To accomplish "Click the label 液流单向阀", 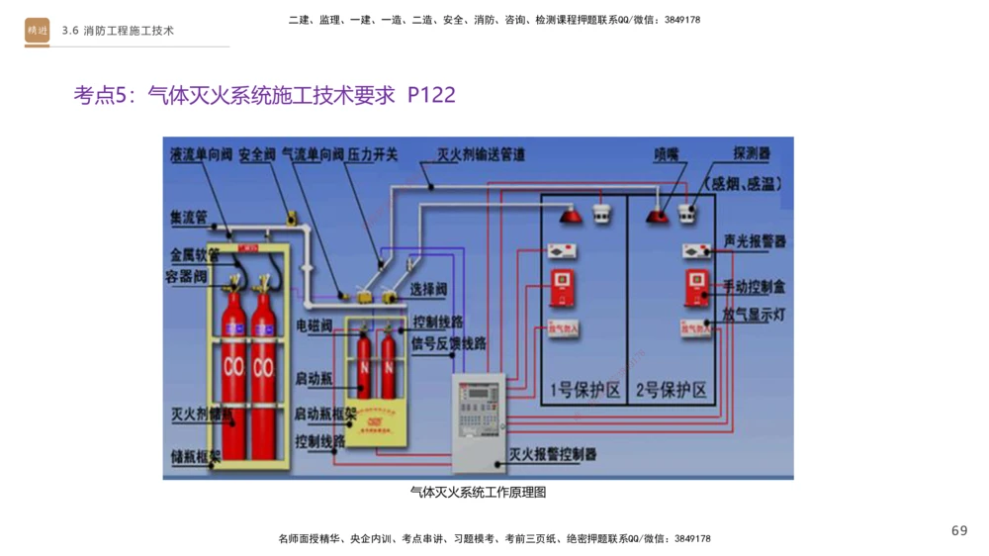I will tap(200, 155).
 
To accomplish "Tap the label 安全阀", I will tap(255, 155).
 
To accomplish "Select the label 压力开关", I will tap(372, 155).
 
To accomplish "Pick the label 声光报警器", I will tap(755, 241).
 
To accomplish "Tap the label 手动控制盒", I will tap(755, 288).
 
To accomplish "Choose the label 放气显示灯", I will tap(755, 315).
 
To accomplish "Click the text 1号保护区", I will tap(585, 390).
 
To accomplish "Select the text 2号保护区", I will tap(673, 390).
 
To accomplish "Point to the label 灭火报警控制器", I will tap(554, 454).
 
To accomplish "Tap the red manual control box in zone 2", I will tap(697, 288).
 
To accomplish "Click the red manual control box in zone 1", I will tap(563, 288).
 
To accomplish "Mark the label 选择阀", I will tap(428, 290).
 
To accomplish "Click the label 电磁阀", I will tap(314, 325).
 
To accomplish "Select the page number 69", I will tap(958, 531).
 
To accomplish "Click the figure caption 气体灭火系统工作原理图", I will tap(478, 492).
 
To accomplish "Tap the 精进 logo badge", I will tap(38, 31).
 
